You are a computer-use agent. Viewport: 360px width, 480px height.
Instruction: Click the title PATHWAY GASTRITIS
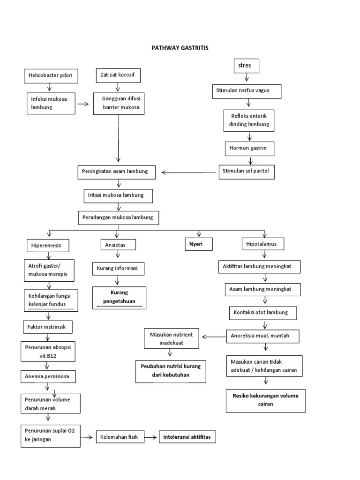tap(180, 48)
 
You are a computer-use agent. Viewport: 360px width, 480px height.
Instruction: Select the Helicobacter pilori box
tap(50, 75)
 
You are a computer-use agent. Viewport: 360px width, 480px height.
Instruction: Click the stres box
tap(247, 66)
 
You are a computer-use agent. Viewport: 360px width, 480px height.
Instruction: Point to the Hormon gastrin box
tap(249, 149)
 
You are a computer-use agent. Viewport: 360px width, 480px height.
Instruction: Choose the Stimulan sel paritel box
tap(247, 172)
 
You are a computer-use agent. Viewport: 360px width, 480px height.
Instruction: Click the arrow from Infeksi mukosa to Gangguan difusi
tap(83, 104)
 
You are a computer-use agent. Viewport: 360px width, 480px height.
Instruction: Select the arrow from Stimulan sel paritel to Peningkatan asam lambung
tap(189, 172)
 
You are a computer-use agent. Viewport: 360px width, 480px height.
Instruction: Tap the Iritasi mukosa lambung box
tap(118, 195)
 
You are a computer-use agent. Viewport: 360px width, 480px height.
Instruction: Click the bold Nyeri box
tap(198, 244)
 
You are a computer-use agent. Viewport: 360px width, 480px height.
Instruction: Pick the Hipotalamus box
tap(262, 244)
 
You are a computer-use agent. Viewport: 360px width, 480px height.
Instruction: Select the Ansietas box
tap(118, 245)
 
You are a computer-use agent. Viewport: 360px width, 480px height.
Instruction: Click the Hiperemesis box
tap(49, 245)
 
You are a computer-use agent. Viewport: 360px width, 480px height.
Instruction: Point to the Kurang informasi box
tap(118, 269)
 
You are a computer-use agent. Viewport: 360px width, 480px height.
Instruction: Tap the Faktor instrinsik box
tap(47, 326)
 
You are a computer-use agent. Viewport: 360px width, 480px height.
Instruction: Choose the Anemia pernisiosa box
tap(48, 376)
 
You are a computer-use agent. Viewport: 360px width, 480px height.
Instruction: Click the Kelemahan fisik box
tap(120, 437)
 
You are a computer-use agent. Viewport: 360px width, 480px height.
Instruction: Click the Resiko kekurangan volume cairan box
tap(265, 400)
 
